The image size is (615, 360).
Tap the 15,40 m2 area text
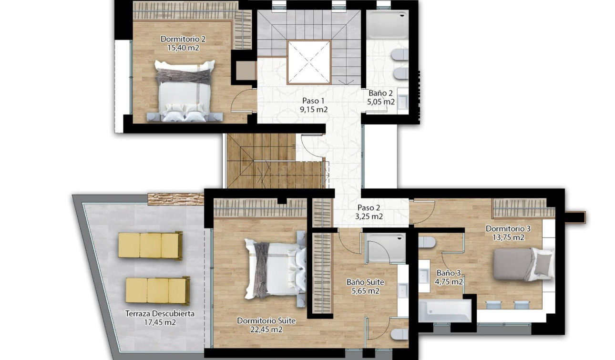[183, 48]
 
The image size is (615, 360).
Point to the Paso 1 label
[313, 101]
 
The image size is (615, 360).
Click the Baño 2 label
[380, 93]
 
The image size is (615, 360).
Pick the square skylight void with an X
[308, 62]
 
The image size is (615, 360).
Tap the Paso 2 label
[369, 208]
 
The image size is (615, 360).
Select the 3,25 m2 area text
[369, 216]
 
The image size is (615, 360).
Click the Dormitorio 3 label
[508, 229]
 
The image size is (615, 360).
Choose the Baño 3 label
[449, 273]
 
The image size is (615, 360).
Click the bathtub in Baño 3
[445, 310]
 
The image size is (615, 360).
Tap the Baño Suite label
[365, 282]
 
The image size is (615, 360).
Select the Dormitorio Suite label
[266, 321]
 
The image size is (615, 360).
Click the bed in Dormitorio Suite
[274, 268]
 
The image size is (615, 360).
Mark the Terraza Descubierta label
[160, 314]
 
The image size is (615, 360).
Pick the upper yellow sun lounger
[150, 246]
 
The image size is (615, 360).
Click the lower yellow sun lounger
[157, 290]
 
